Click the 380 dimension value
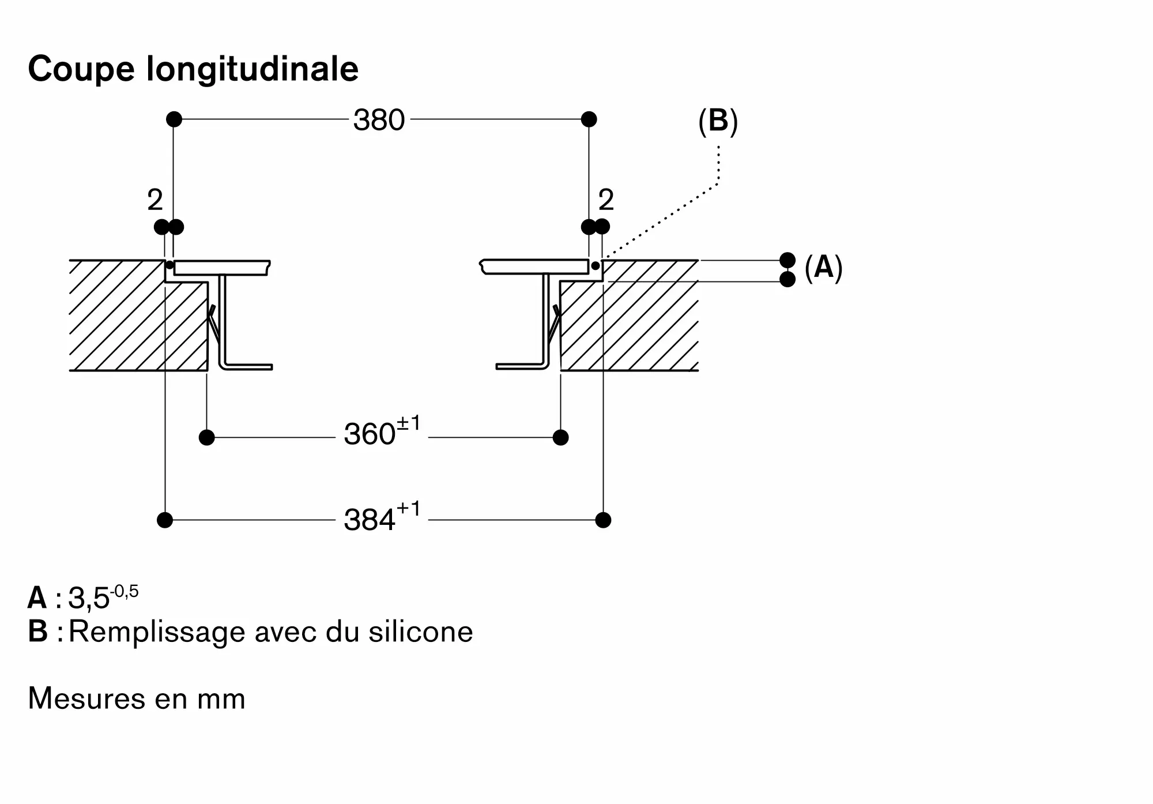click(x=379, y=120)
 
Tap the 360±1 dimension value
click(x=382, y=431)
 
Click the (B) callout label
click(x=718, y=121)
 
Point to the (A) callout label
click(x=823, y=268)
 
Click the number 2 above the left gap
click(x=155, y=200)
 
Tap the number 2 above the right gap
click(x=606, y=200)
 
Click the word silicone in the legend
click(x=421, y=631)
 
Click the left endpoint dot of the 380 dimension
click(x=174, y=119)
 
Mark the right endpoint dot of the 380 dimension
click(x=589, y=119)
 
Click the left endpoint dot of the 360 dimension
click(x=206, y=438)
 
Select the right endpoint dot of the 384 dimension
click(x=603, y=520)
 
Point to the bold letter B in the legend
click(x=37, y=631)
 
